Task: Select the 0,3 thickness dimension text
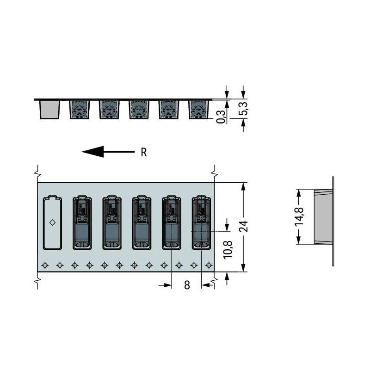[x=221, y=117]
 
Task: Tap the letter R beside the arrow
[x=144, y=152]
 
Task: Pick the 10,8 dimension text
[x=228, y=250]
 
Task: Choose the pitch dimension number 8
[x=187, y=285]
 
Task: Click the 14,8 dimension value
[x=299, y=216]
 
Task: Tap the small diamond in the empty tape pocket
[x=52, y=222]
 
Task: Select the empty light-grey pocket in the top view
[x=52, y=222]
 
